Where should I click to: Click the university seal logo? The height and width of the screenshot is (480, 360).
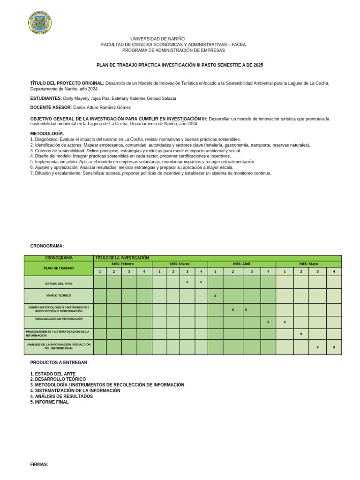point(40,22)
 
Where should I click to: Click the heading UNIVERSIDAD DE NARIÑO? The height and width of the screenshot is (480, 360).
point(157,39)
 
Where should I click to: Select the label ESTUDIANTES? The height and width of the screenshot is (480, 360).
point(46,98)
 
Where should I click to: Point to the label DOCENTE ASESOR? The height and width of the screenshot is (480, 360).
point(51,107)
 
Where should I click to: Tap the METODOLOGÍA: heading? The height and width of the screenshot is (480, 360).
point(47,134)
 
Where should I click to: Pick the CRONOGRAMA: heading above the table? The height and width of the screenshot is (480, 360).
point(47,246)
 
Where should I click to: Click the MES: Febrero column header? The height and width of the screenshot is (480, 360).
point(122,264)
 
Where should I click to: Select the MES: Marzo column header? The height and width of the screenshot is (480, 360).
point(180,264)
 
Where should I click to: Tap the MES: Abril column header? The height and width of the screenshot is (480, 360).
point(241,264)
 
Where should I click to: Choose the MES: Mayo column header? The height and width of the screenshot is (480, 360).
point(308,264)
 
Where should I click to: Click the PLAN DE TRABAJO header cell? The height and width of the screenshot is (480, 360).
point(59,268)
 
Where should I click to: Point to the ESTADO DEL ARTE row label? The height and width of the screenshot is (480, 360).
point(59,284)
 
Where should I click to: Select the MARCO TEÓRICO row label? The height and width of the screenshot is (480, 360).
point(59,296)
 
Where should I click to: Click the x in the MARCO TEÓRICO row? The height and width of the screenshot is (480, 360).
point(215,296)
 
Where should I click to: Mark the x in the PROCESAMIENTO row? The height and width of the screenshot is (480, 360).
point(301,334)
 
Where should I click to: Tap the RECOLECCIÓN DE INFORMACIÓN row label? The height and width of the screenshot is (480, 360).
point(59,319)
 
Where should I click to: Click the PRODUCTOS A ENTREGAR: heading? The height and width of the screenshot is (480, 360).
point(59,362)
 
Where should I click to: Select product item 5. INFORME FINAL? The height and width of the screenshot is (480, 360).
point(49,402)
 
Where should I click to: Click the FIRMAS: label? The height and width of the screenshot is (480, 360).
point(39,464)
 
